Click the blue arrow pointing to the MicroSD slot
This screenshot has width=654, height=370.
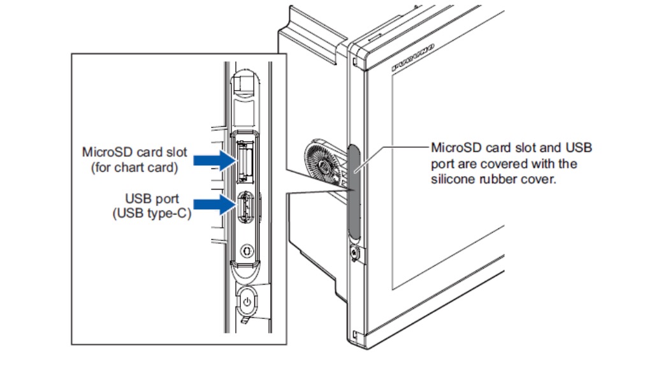(x=215, y=160)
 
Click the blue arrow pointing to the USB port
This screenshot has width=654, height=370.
(x=215, y=204)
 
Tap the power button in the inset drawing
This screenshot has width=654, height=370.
(x=247, y=302)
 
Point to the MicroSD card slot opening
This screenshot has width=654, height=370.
(x=244, y=161)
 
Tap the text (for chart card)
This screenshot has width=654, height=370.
(x=134, y=168)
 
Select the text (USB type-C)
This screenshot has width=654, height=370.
(x=152, y=214)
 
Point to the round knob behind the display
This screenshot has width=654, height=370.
(x=323, y=165)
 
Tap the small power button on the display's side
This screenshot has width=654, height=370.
(x=354, y=253)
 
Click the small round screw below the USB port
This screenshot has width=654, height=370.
(x=247, y=251)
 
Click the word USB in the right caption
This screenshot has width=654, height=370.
(x=579, y=147)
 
